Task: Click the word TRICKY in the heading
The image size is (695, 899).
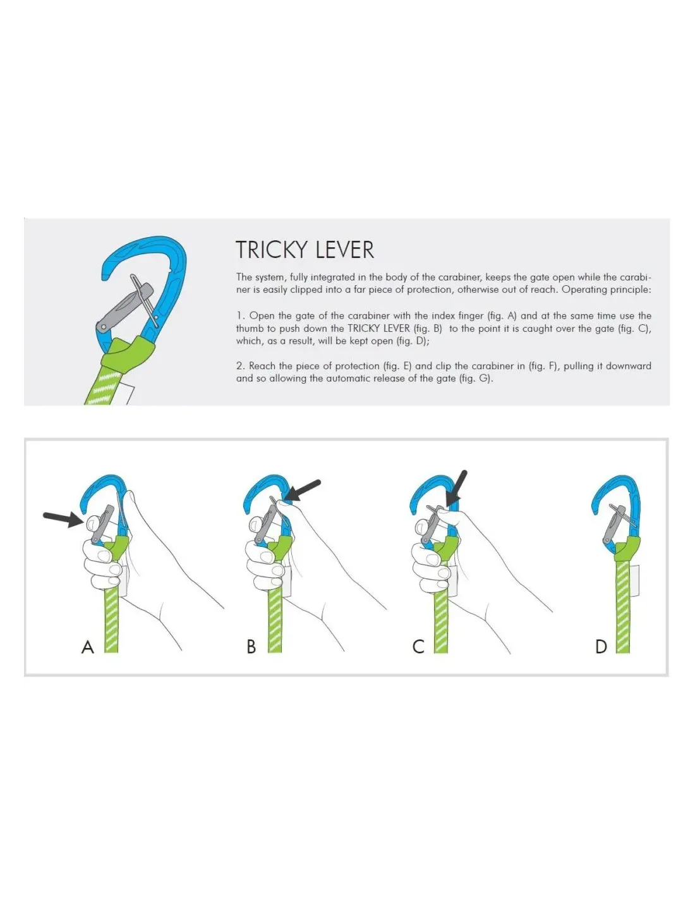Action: pos(272,250)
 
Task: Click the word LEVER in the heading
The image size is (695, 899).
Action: pos(344,250)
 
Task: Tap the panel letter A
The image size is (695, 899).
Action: pos(87,646)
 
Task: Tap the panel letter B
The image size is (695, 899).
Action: pos(251,646)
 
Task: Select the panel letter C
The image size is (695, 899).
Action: pos(418,646)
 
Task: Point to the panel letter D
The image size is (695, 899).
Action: pos(601,646)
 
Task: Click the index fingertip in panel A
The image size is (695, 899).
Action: pos(92,523)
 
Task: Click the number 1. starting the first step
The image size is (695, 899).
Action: pos(241,315)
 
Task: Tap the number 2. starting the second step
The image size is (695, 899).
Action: pos(241,365)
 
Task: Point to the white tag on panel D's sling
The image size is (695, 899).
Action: pos(634,580)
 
